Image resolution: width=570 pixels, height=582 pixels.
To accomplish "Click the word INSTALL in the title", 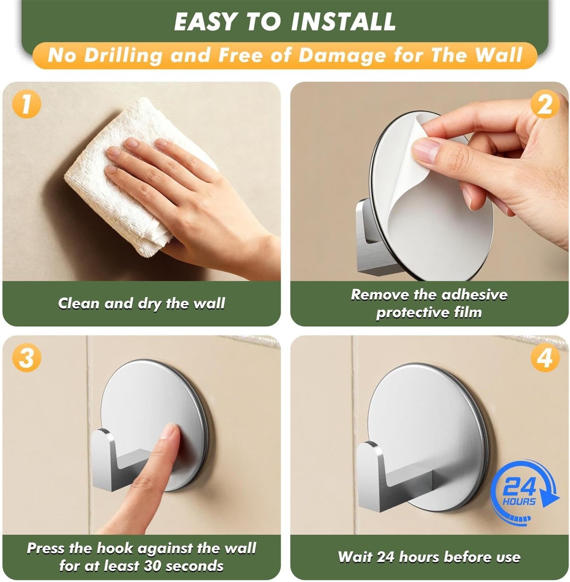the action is (343, 21).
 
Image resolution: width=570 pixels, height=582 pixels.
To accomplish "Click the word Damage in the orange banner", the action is (342, 56).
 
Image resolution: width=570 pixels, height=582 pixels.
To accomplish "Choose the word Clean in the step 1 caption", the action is (79, 303).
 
